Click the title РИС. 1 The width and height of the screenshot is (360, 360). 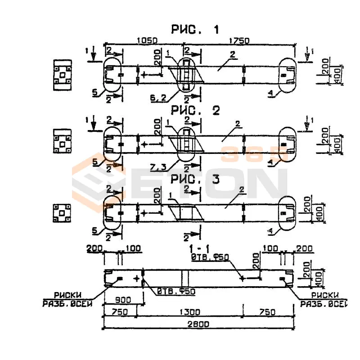[x=195, y=30]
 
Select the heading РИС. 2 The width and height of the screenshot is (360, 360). [x=195, y=111]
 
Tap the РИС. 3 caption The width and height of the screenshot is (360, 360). [x=195, y=180]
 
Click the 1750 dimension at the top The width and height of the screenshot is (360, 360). [x=238, y=40]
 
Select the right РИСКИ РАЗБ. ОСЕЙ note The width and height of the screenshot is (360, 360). [x=324, y=299]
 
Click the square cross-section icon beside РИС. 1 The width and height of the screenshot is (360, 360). [x=63, y=73]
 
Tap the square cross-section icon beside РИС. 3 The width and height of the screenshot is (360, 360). [x=63, y=213]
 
